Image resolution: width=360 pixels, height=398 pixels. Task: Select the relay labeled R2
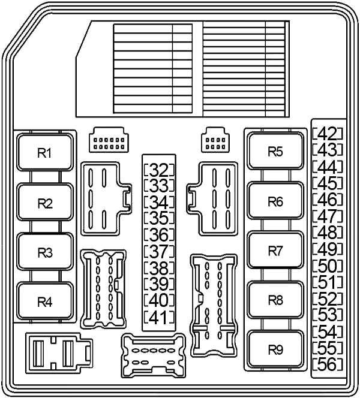click(x=46, y=203)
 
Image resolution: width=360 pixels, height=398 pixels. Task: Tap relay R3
click(x=46, y=252)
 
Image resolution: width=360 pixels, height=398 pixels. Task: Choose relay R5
click(x=275, y=152)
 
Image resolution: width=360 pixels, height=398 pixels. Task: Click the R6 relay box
click(x=275, y=201)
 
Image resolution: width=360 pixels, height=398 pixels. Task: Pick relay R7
click(x=275, y=251)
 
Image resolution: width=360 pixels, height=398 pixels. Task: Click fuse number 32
click(x=158, y=169)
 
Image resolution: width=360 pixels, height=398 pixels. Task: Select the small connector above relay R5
click(x=214, y=140)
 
